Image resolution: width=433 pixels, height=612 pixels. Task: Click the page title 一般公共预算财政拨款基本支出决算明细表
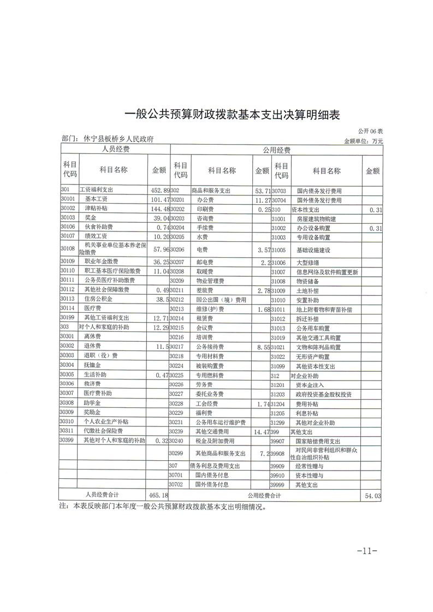click(233, 115)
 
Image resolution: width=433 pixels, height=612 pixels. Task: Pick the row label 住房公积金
click(98, 299)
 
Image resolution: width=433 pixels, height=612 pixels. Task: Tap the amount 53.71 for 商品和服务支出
click(262, 191)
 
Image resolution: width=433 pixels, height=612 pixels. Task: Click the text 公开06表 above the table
click(371, 132)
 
